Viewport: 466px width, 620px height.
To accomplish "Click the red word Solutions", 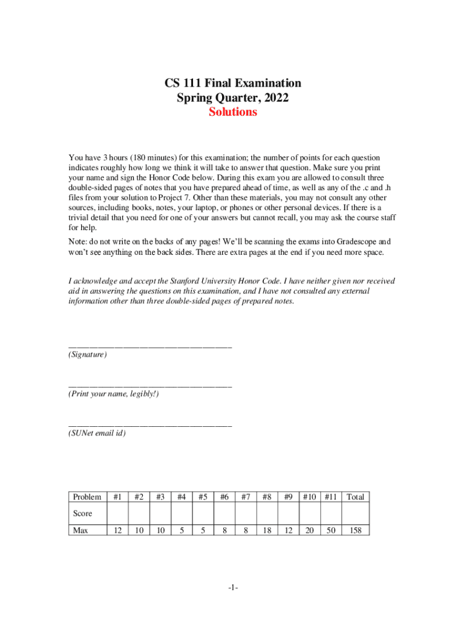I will (x=233, y=113).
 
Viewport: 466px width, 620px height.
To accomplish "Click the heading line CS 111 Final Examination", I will (x=233, y=83).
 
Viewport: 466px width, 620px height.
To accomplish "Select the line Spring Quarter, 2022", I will (x=233, y=97).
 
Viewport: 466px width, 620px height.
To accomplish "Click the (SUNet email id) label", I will (x=97, y=433).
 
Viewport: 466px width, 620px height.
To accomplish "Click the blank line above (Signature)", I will (x=150, y=346).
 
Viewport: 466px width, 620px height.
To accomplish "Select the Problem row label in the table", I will (x=87, y=497).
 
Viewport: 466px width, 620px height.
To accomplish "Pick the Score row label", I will (x=83, y=513).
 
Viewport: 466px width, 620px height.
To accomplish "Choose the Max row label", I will (x=81, y=530).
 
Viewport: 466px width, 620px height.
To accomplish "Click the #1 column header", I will (x=118, y=497).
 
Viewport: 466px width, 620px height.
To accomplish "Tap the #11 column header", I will (x=330, y=497).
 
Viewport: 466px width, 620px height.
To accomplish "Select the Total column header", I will (x=355, y=497).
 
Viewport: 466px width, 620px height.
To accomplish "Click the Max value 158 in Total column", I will (x=355, y=530).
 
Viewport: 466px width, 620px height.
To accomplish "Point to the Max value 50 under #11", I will (x=330, y=530).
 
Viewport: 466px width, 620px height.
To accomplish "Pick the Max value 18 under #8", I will (x=266, y=530).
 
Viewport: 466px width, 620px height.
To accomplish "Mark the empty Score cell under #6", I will (x=225, y=513).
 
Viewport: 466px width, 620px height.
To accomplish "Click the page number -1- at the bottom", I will (x=233, y=588).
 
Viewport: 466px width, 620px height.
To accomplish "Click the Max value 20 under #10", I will (x=309, y=530).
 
